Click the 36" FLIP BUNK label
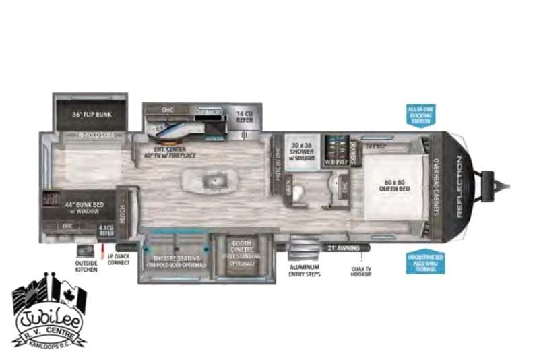pos(93,114)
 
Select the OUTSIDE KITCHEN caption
pos(86,266)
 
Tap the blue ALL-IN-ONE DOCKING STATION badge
pos(421,115)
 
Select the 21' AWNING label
pos(340,248)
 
